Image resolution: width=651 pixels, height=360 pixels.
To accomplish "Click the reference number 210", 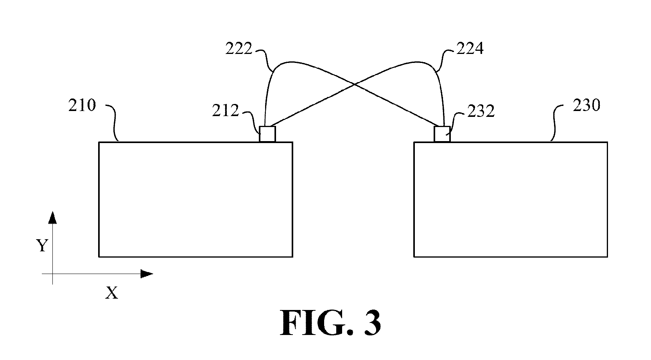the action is point(82,105).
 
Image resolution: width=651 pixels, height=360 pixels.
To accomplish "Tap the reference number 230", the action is point(586,105).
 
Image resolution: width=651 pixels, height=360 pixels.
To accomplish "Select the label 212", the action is point(225,111).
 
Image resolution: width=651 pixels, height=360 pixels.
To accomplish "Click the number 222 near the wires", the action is point(239,48).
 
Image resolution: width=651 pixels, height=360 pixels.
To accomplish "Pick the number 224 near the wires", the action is point(470,48).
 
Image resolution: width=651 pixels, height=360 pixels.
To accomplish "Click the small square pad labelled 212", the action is point(267,134).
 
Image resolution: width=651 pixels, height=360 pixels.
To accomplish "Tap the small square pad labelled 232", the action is point(442,134).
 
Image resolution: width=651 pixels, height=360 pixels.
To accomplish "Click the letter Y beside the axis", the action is point(42,245).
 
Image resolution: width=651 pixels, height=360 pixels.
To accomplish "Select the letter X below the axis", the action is point(111,293).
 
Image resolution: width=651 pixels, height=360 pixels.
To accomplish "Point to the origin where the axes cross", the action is point(52,274).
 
